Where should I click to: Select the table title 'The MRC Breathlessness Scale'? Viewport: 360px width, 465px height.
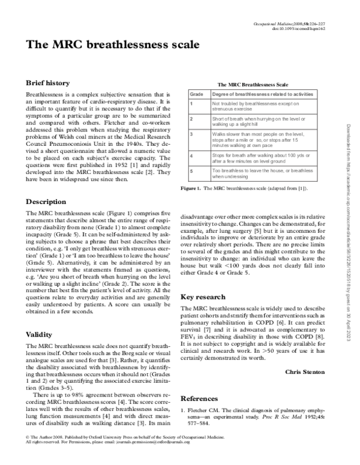[252, 85]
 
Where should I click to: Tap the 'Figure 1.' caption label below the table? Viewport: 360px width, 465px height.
[190, 188]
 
